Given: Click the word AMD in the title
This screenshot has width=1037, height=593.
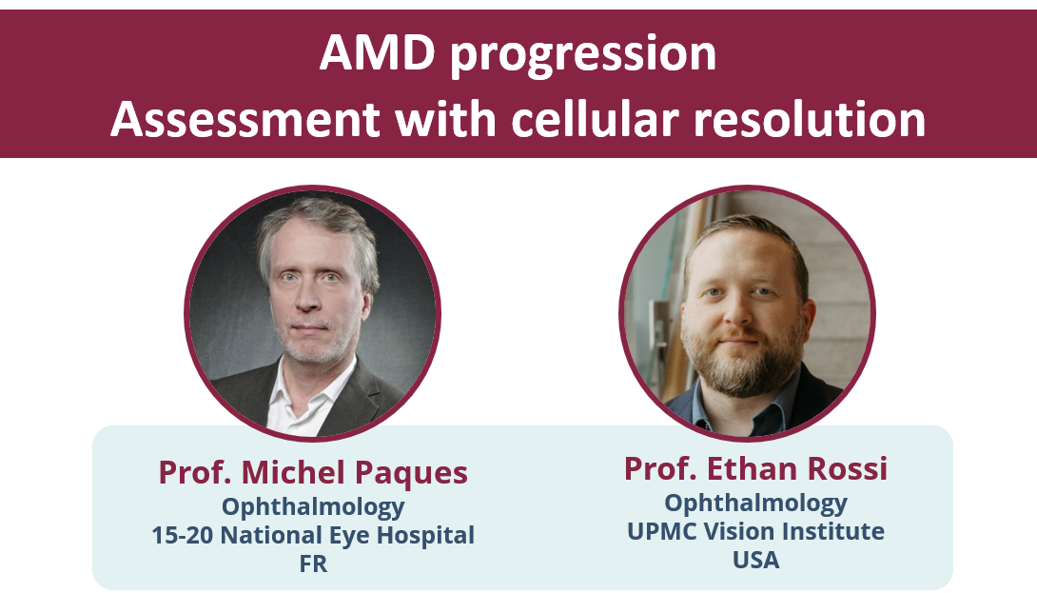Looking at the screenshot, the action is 377,52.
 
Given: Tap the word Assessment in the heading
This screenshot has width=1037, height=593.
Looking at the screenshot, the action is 245,119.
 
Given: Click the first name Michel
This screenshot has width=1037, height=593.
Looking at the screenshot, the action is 293,472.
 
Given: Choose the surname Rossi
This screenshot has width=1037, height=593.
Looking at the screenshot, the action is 847,468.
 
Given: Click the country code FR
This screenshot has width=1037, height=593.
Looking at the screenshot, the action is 313,563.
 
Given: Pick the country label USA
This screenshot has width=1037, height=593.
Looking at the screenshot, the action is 756,560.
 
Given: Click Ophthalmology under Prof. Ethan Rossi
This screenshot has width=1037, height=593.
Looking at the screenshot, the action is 756,504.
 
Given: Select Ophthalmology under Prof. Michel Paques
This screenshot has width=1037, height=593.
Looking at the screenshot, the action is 313,507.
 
